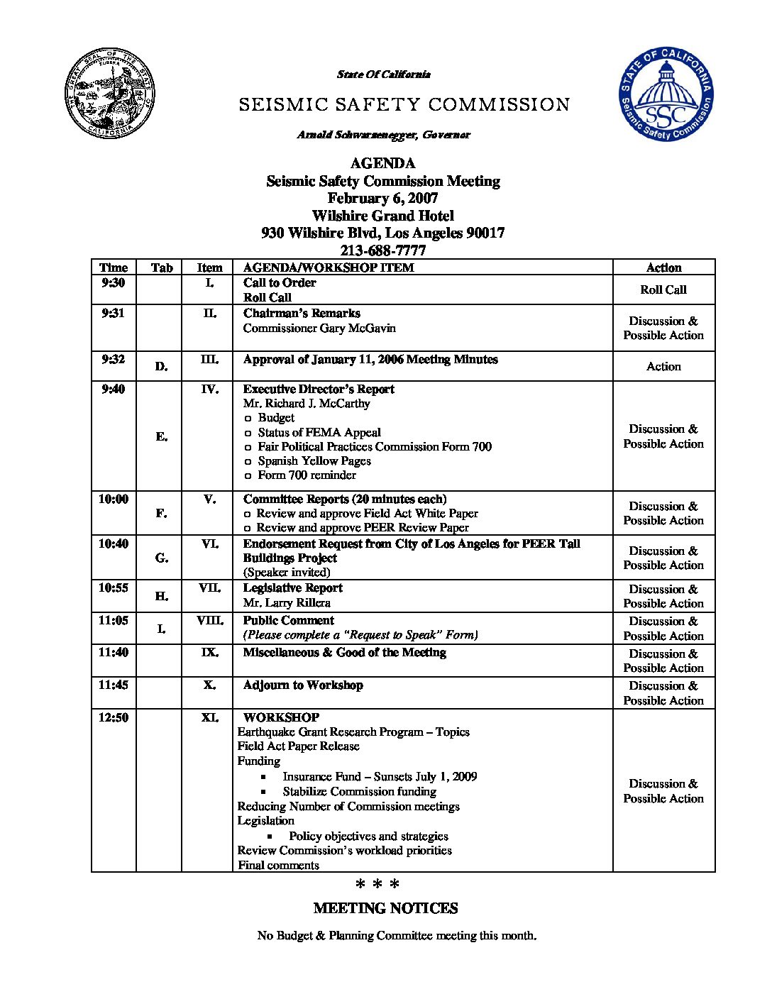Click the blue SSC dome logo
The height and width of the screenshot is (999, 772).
tap(666, 94)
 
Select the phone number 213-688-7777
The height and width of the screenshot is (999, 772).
tap(383, 250)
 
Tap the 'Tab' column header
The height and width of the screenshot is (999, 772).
tap(162, 267)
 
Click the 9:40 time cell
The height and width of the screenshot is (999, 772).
tap(113, 389)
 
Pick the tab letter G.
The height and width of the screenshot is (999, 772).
tap(162, 558)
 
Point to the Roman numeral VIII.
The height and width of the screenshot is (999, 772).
tap(209, 620)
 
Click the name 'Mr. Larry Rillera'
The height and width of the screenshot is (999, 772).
tap(287, 602)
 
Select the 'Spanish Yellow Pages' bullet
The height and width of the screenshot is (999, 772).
tap(314, 460)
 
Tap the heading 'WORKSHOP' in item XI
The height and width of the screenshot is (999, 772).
tap(281, 717)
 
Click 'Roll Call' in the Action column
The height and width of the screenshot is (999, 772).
tap(663, 289)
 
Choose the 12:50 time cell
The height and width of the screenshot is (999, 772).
tap(113, 717)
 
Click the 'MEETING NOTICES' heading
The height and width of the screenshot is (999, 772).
tap(385, 908)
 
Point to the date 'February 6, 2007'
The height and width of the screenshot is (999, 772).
tap(382, 199)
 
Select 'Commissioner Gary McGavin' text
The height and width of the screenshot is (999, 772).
tap(319, 328)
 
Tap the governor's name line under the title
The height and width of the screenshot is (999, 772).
tap(383, 134)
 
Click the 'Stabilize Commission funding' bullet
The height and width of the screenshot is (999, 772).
tap(359, 791)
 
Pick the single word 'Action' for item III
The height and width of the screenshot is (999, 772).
tap(663, 366)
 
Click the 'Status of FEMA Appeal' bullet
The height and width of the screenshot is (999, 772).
tap(319, 432)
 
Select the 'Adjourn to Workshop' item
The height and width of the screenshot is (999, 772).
tap(303, 685)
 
